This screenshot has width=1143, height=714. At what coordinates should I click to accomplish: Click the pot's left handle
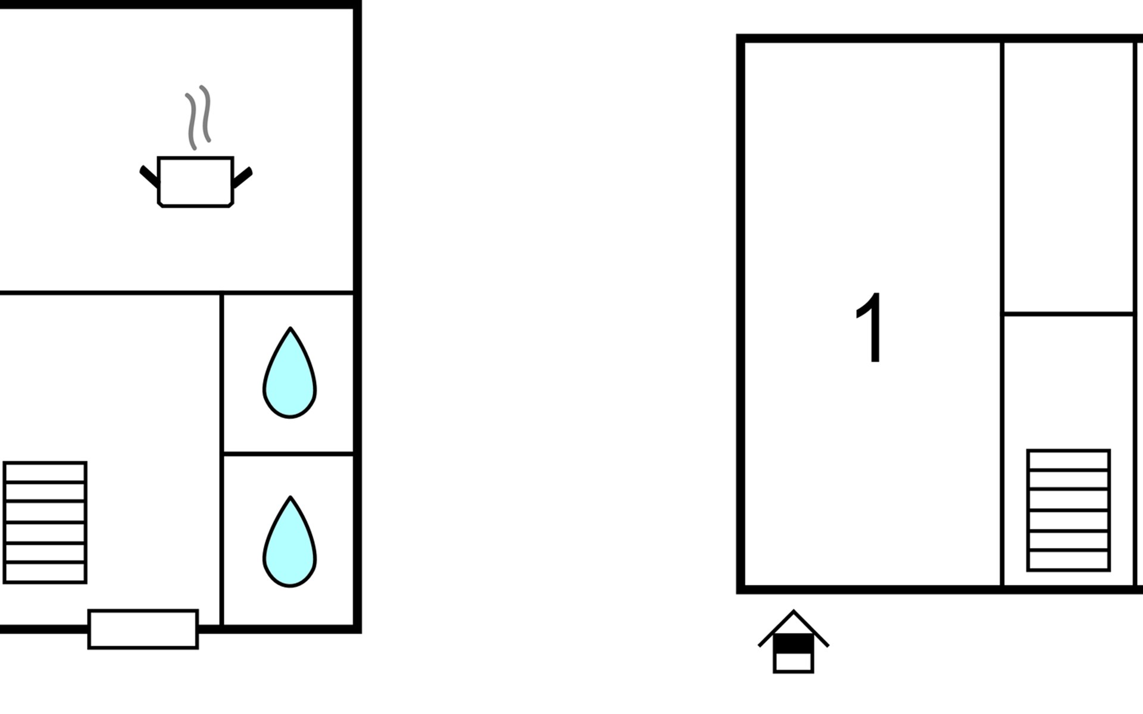click(x=149, y=177)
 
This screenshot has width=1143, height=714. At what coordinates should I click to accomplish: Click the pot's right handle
click(x=242, y=177)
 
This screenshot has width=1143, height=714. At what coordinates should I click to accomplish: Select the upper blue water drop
click(x=290, y=372)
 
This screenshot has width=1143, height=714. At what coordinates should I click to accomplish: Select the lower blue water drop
click(x=290, y=541)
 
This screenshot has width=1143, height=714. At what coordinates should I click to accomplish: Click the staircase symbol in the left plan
click(x=45, y=522)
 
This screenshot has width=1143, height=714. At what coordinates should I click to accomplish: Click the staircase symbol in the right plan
click(x=1069, y=511)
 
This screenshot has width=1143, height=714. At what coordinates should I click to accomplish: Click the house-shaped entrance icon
click(x=794, y=641)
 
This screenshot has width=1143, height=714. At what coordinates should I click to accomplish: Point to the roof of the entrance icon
click(x=794, y=628)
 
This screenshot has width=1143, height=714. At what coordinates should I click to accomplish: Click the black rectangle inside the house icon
click(x=794, y=644)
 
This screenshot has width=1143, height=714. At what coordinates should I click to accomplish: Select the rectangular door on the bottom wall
click(x=143, y=629)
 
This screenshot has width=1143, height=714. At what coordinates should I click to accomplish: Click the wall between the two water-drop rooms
click(x=289, y=454)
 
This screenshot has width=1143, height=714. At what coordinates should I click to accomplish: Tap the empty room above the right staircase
click(x=1069, y=177)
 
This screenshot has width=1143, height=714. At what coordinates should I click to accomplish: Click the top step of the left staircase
click(x=45, y=472)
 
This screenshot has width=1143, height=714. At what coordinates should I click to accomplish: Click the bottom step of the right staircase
click(x=1069, y=560)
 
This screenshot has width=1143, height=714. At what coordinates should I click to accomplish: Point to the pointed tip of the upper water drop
click(x=290, y=328)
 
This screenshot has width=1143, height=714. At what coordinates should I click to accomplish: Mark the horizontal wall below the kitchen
click(x=177, y=293)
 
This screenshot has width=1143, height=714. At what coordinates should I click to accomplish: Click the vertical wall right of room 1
click(x=1003, y=314)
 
